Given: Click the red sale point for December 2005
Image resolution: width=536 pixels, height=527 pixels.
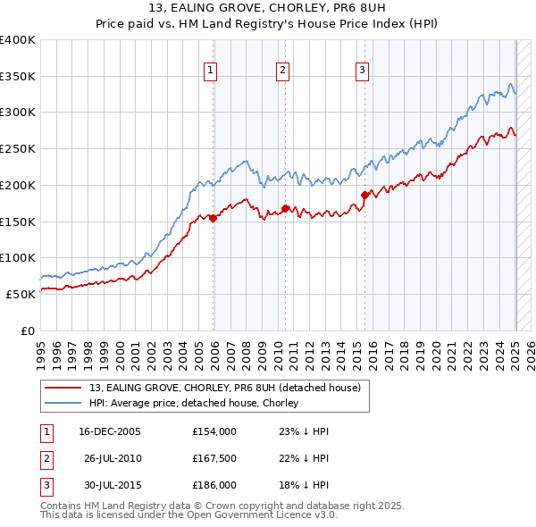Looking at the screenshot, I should click(214, 218).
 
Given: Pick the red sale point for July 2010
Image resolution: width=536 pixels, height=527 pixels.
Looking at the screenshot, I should click(285, 208).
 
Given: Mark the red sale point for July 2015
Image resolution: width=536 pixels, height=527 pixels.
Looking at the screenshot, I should click(364, 195).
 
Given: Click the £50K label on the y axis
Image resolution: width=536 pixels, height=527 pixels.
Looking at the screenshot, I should click(21, 293).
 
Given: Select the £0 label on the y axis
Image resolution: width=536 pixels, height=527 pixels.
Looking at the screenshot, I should click(28, 330).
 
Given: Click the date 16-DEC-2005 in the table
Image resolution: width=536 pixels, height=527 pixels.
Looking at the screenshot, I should click(110, 431).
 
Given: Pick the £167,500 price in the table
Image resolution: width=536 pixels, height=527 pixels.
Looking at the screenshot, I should click(214, 458).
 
